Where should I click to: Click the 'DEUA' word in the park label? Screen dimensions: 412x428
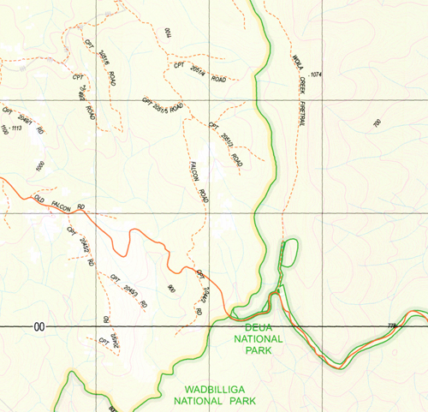click(x=258, y=327)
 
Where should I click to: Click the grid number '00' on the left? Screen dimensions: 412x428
click(x=39, y=327)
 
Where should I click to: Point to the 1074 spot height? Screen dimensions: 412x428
click(x=318, y=75)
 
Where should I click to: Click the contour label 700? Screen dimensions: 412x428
click(x=377, y=123)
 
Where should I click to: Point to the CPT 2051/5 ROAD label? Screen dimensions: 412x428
click(x=163, y=105)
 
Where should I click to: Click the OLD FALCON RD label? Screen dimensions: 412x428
click(x=59, y=203)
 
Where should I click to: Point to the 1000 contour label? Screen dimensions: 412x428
click(x=39, y=168)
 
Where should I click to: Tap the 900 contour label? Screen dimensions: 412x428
click(x=172, y=290)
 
